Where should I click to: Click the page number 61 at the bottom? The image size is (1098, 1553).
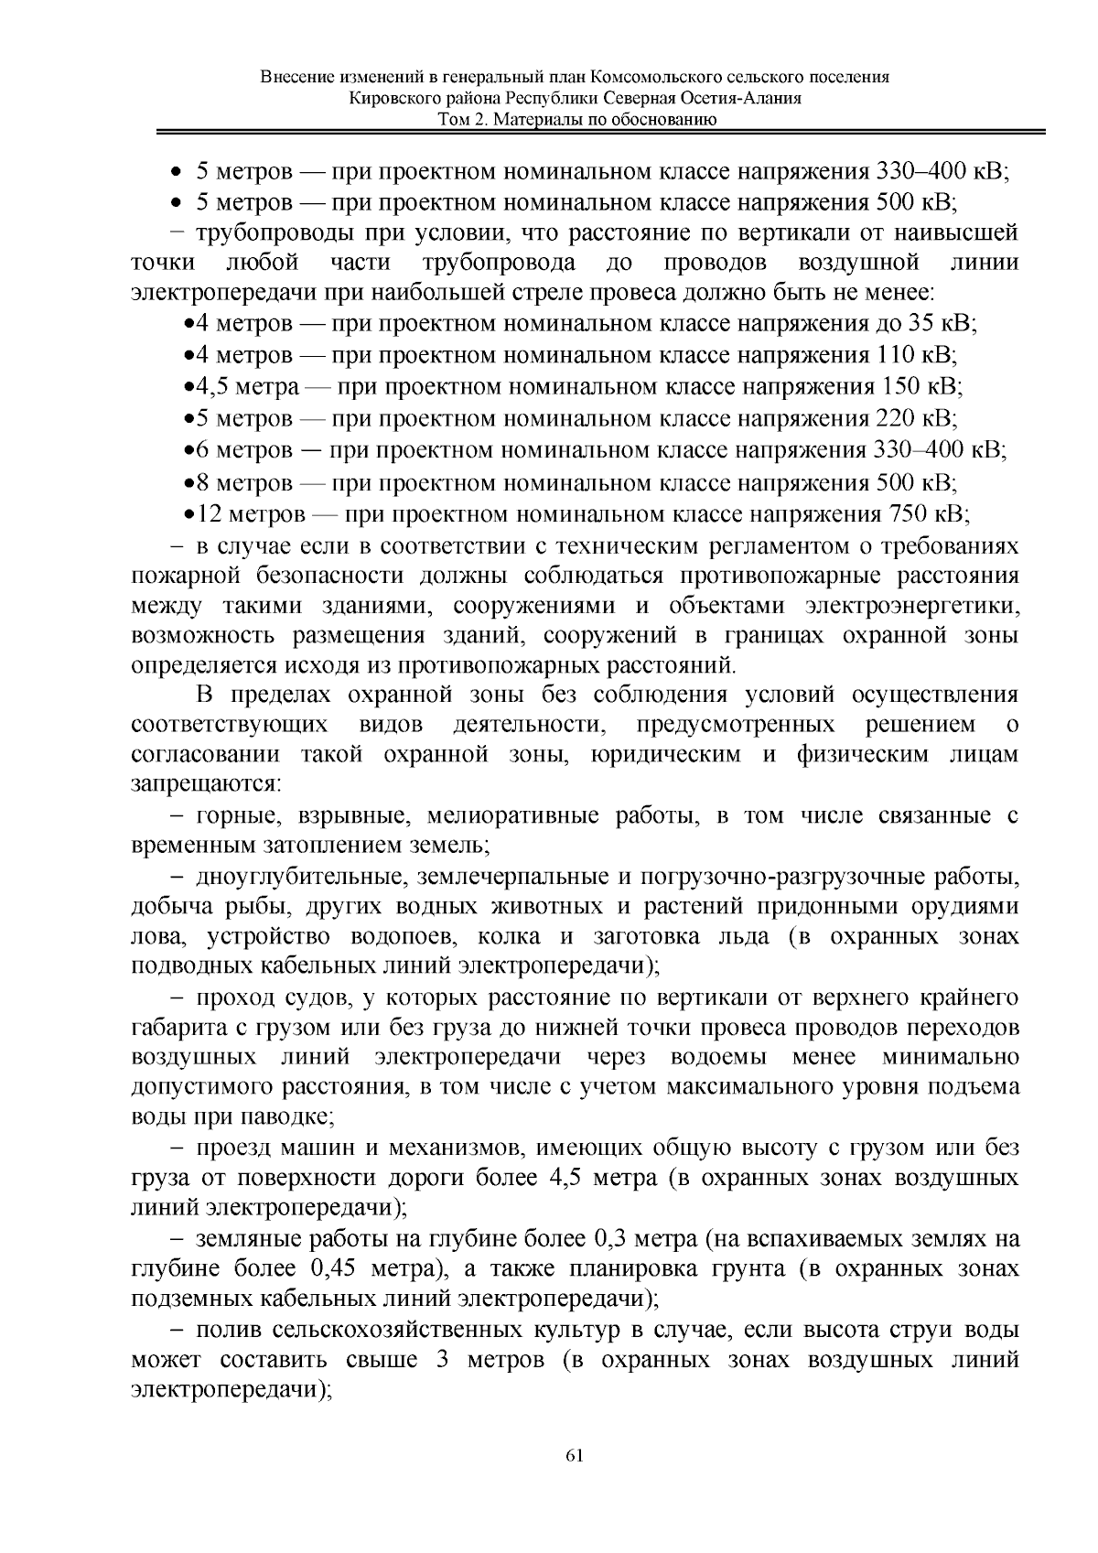click(575, 1455)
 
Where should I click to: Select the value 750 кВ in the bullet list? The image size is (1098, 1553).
click(926, 513)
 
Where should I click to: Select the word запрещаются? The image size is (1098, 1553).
click(206, 785)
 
